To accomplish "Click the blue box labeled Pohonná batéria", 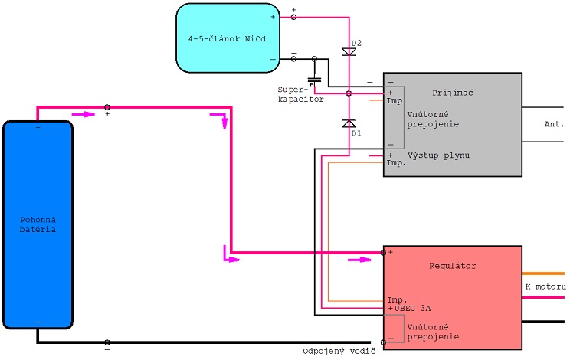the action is [x=38, y=225].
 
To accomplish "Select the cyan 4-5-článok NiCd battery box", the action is [x=228, y=38].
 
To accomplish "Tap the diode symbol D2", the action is [x=349, y=52].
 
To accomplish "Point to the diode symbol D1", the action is [x=349, y=123].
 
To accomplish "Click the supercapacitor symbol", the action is [x=314, y=80].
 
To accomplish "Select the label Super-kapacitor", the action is [x=300, y=94].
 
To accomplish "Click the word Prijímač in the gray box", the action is [x=453, y=93].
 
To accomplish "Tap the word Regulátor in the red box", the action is [x=453, y=266].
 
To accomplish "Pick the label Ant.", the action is [x=554, y=124].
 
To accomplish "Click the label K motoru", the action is [x=545, y=286].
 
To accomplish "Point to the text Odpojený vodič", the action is [x=339, y=352].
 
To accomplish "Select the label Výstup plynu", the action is [x=438, y=155].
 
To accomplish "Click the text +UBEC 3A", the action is [x=409, y=309].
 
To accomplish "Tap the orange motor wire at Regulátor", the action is [x=543, y=273].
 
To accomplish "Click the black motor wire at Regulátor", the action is [x=543, y=322].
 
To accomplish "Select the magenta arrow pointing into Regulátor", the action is [x=359, y=260].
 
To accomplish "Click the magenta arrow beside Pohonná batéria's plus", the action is [x=84, y=114].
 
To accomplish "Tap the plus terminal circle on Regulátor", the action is [x=383, y=253].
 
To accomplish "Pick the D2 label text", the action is [x=356, y=43].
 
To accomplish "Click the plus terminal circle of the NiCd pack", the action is [x=293, y=17].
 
